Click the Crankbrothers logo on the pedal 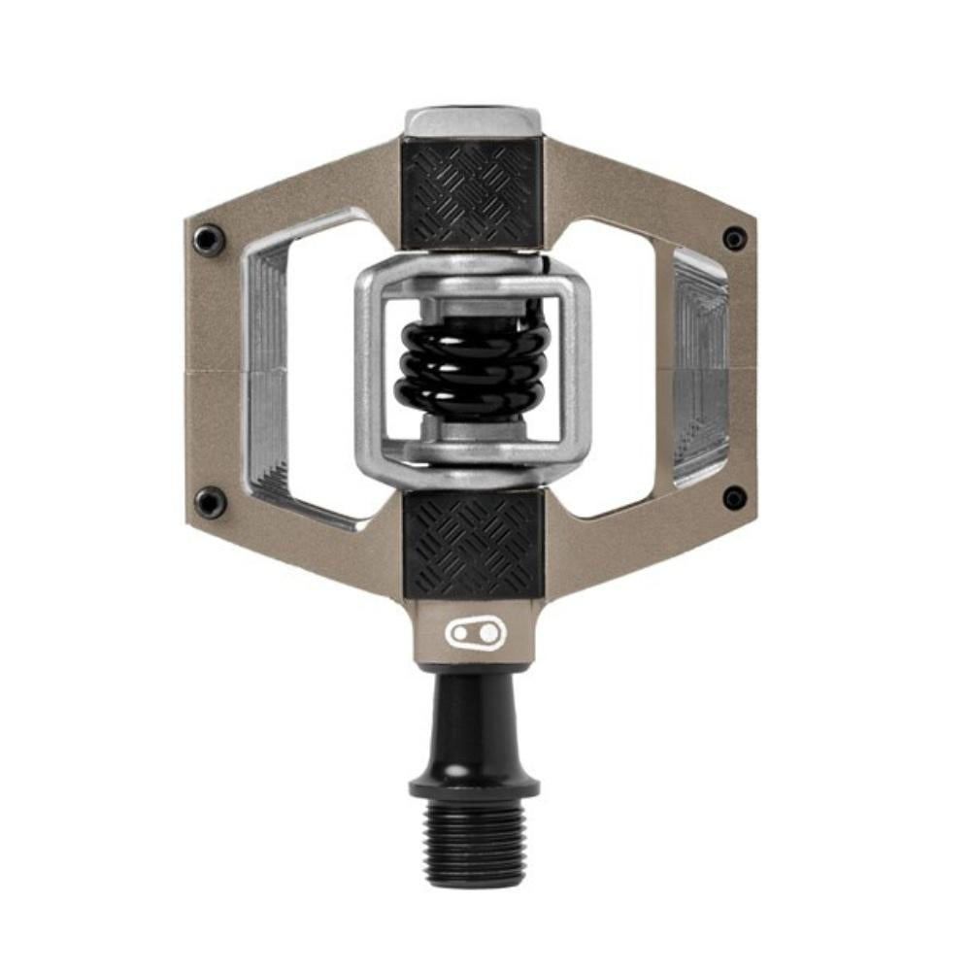click(x=476, y=634)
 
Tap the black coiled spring click(x=472, y=366)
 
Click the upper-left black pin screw click(x=209, y=239)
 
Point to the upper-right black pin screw click(x=735, y=238)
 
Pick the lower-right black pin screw click(x=735, y=498)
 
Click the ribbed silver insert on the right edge click(x=700, y=369)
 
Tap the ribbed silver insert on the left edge click(x=268, y=369)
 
